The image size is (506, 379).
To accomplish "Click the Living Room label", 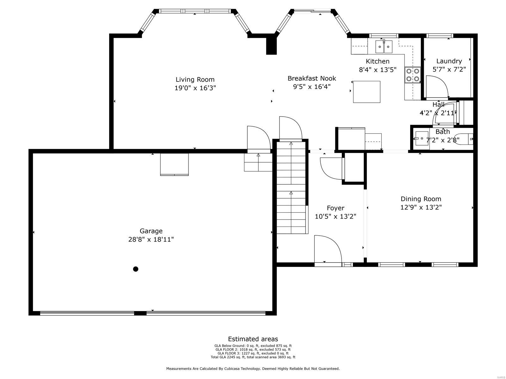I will [x=195, y=80].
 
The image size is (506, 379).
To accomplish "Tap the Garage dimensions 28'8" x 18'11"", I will [x=151, y=239].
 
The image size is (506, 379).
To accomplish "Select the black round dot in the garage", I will [x=136, y=269].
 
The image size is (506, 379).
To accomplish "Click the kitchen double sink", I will [x=384, y=47].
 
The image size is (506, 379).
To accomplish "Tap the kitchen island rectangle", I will [x=367, y=92].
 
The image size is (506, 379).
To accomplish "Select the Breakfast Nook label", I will [x=312, y=78].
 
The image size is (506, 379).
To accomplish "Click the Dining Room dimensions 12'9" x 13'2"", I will [x=421, y=207].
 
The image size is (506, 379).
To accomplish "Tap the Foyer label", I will [x=335, y=208].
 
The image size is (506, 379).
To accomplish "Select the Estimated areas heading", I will [x=253, y=339].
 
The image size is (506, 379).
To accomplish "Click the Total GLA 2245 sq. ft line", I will [x=253, y=357].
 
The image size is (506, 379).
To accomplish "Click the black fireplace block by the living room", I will [x=271, y=44].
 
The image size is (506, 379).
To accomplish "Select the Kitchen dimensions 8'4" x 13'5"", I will [x=377, y=70].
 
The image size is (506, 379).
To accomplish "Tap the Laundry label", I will [x=449, y=61].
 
